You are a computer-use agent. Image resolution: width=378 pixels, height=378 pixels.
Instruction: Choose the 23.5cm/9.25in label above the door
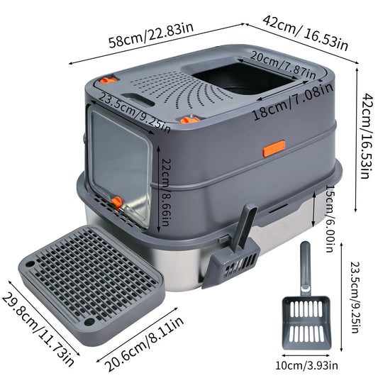[135, 110]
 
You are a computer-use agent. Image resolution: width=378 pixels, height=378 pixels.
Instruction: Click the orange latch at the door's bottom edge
[116, 203]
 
